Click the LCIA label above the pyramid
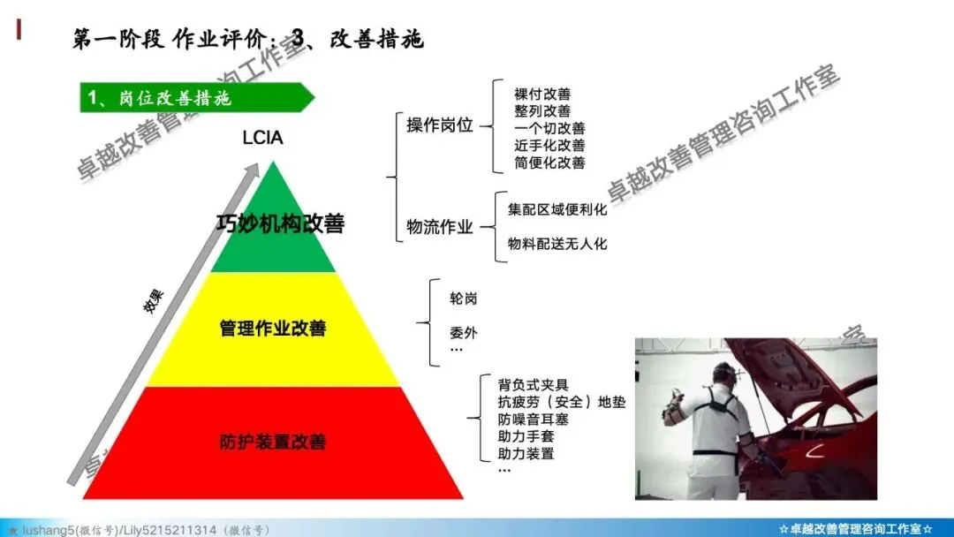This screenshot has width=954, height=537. click(261, 138)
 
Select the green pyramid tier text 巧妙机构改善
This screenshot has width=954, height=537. click(279, 223)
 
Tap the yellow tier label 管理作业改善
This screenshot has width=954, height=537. click(273, 329)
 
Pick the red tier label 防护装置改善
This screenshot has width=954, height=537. click(273, 441)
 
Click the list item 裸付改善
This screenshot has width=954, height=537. click(541, 94)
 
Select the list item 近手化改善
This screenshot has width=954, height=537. click(549, 146)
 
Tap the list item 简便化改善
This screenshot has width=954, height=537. click(549, 163)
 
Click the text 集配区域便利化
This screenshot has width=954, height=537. click(557, 210)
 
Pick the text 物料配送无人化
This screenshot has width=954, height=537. click(557, 244)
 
